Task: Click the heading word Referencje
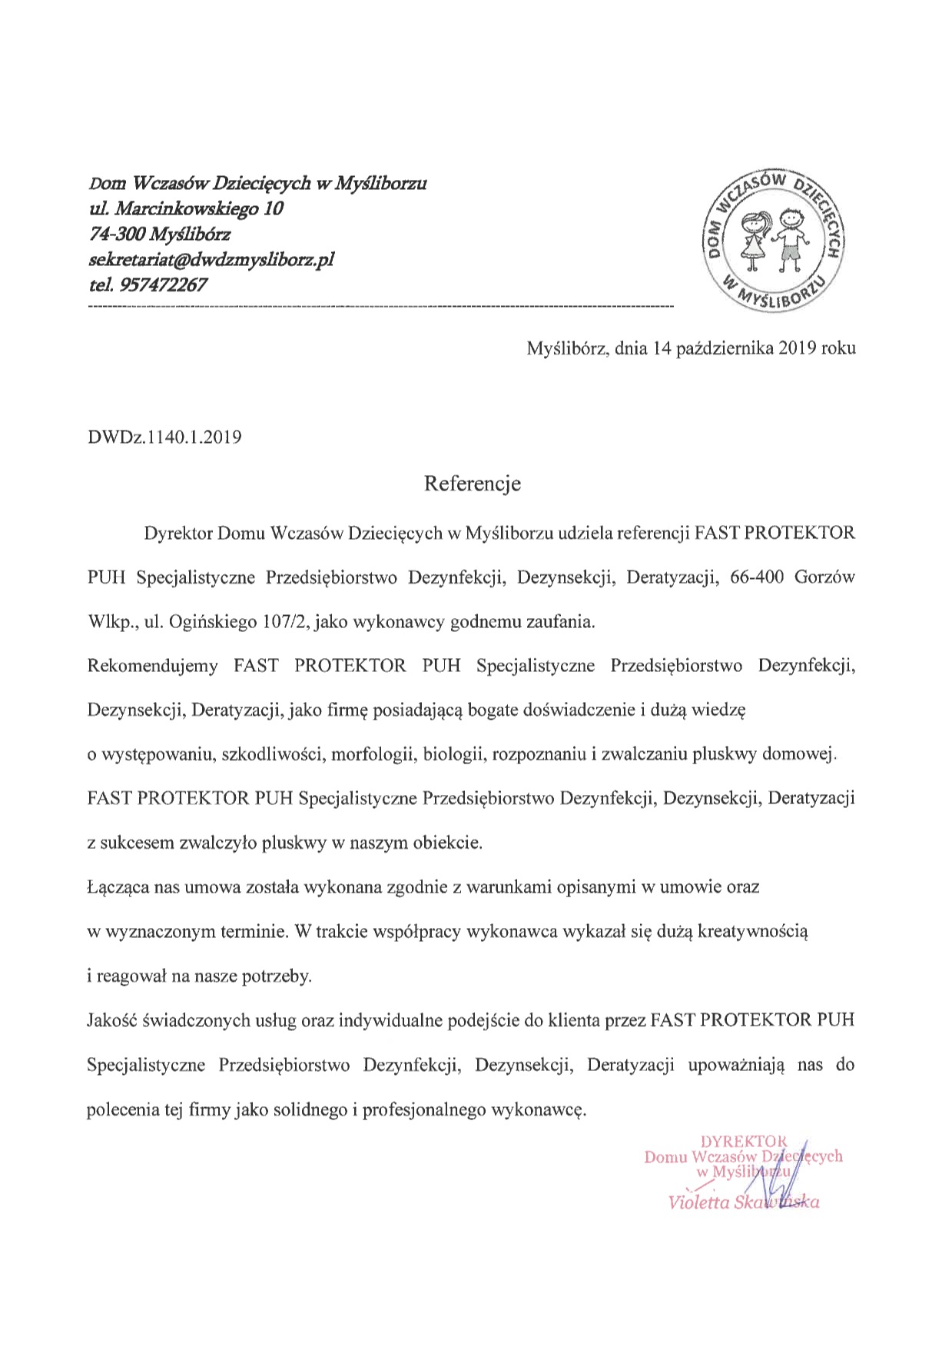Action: (473, 484)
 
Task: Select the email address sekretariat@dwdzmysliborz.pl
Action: (211, 259)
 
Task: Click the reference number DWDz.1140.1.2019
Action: (165, 437)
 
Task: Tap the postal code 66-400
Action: (758, 577)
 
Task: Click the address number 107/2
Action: (284, 622)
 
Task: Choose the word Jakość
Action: (113, 1021)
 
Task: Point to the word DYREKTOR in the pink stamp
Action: (744, 1141)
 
